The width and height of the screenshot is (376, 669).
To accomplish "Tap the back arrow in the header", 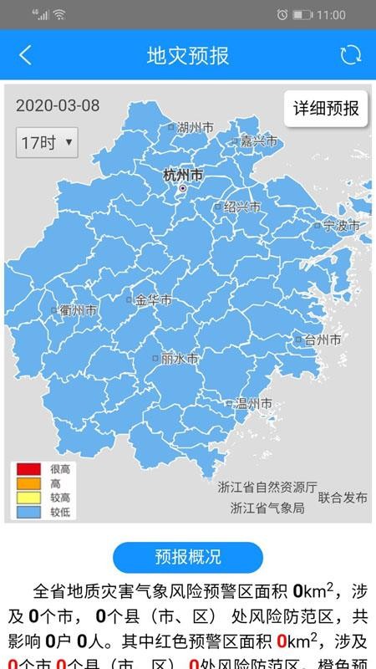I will (25, 55).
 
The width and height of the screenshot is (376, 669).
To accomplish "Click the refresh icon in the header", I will (350, 55).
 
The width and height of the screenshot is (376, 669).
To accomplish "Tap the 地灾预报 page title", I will (188, 56).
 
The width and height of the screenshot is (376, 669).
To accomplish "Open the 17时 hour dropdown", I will (47, 142).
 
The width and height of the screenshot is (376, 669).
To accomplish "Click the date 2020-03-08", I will (58, 105).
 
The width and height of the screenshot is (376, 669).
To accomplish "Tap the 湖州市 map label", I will (196, 127).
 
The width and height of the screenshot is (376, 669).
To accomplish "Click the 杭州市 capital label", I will (183, 176).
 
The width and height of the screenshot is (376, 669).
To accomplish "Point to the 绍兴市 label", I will (242, 207).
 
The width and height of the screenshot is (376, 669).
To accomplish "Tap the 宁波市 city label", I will (340, 225).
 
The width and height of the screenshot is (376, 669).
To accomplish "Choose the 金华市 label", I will (154, 299).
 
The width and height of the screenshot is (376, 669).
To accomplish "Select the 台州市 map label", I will (322, 340).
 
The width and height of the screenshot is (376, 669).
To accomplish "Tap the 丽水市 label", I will (180, 358).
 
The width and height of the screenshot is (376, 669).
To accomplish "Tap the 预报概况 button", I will (188, 557).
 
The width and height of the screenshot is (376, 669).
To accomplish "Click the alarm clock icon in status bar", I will (282, 14).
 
